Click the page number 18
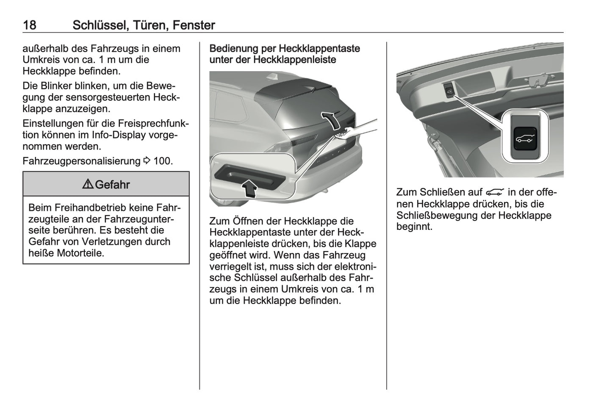click(29, 25)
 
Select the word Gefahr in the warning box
click(112, 185)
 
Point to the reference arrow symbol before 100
click(147, 161)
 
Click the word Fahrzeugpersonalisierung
click(81, 161)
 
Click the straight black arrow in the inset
click(251, 187)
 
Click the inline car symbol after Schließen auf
click(495, 193)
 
